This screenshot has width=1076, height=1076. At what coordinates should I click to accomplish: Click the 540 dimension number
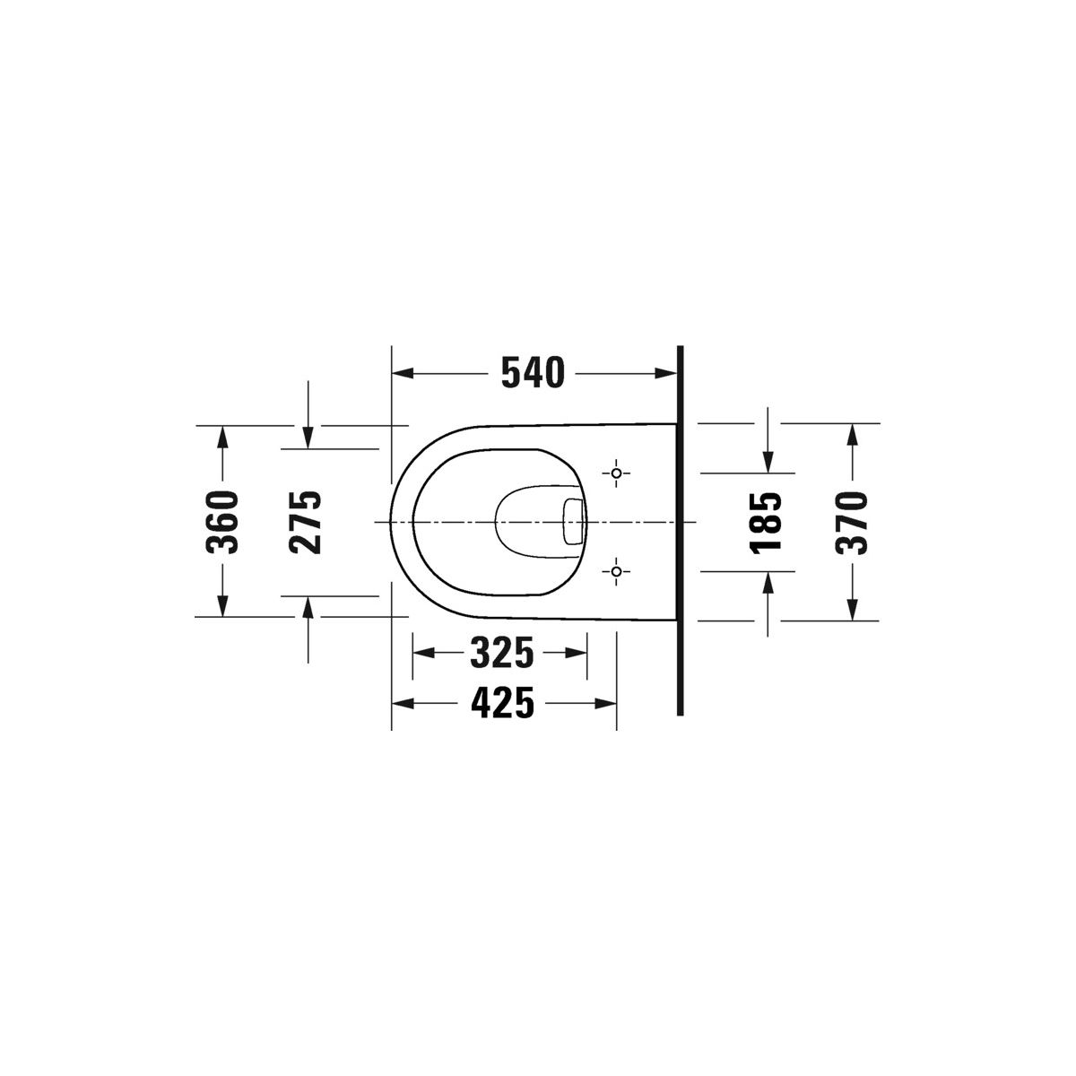pyautogui.click(x=533, y=373)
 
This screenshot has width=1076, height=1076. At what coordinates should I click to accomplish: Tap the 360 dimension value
pyautogui.click(x=222, y=522)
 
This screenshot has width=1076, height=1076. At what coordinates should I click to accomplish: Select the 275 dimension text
pyautogui.click(x=306, y=522)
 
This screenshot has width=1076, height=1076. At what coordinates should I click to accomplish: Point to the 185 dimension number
pyautogui.click(x=766, y=523)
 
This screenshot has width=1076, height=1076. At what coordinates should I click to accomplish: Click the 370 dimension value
pyautogui.click(x=852, y=523)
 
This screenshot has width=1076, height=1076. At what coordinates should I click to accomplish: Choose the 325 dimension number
pyautogui.click(x=502, y=652)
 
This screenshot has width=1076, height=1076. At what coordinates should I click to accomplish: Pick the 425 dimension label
pyautogui.click(x=502, y=703)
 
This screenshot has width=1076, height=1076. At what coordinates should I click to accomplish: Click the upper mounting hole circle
pyautogui.click(x=616, y=473)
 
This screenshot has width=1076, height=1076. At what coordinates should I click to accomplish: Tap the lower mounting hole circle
pyautogui.click(x=616, y=571)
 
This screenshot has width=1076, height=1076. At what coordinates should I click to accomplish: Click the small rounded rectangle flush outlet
pyautogui.click(x=573, y=522)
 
